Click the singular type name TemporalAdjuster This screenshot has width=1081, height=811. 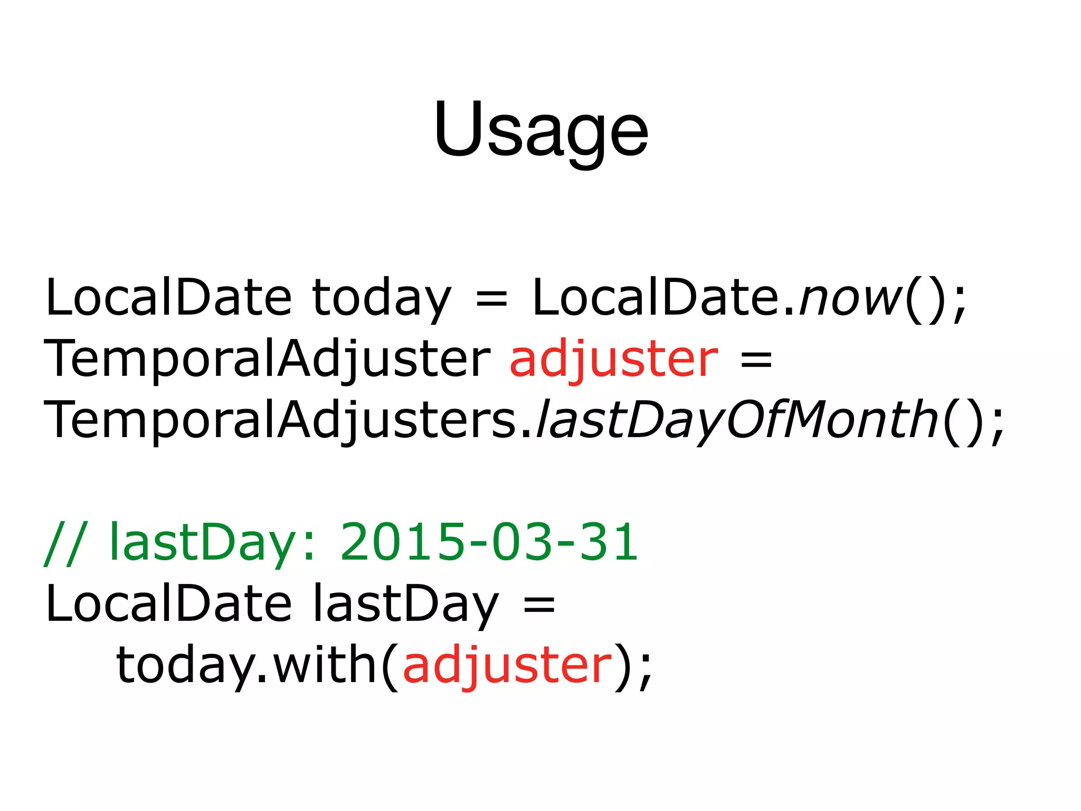pos(267,359)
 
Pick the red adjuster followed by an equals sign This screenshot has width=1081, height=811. pos(613,359)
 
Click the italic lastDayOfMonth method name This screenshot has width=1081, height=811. pos(737,420)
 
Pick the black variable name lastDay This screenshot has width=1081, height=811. pos(405,604)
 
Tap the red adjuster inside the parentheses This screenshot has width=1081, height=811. pos(507,665)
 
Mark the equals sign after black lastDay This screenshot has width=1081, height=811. pos(539,604)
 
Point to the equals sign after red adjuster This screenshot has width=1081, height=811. pos(756,359)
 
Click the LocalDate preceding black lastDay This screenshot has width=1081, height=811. pos(168,604)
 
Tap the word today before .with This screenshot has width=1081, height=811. pos(185,665)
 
